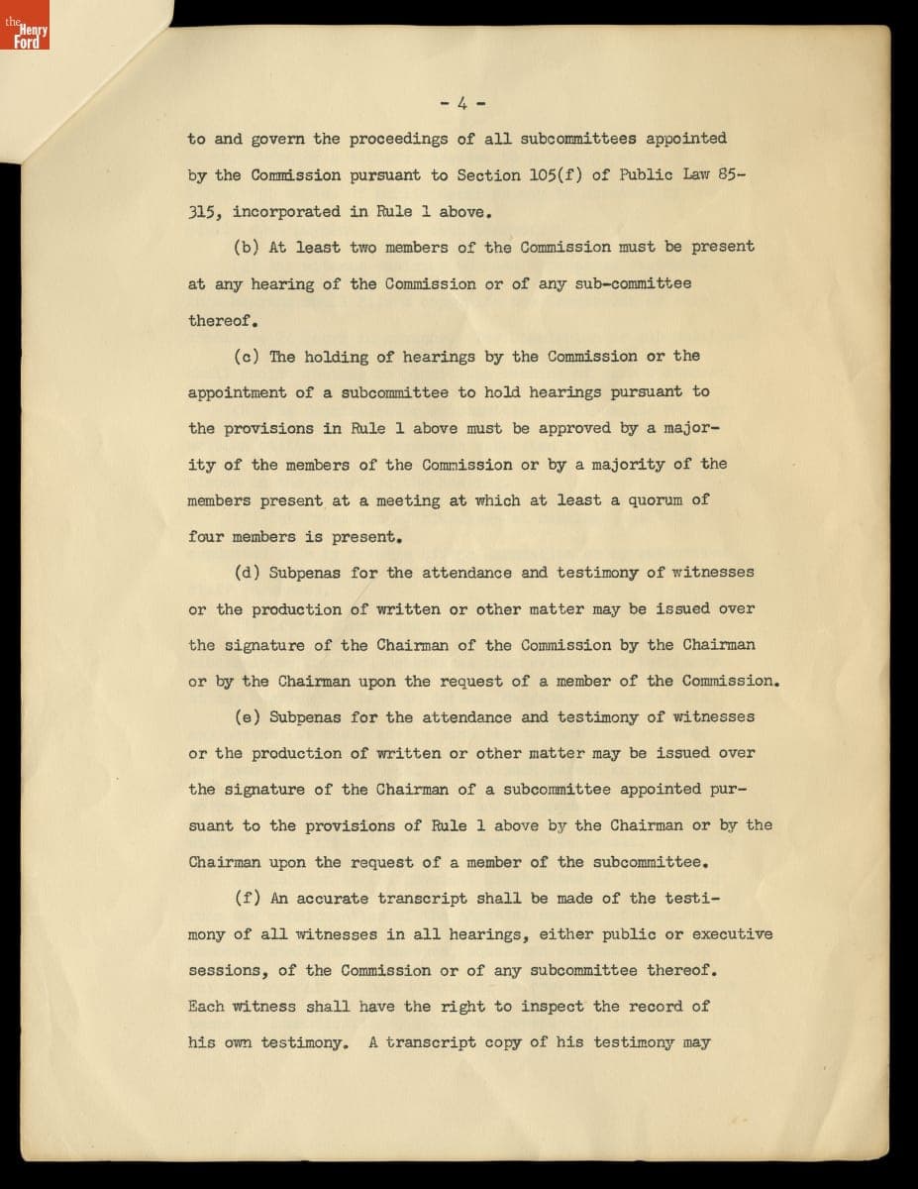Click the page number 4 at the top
coord(461,102)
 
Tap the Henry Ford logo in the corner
coord(27,33)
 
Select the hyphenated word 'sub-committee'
coord(615,283)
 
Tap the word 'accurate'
coord(332,899)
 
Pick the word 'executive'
coord(732,934)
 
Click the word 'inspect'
coord(553,1007)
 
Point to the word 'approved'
coord(575,428)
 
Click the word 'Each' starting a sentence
coord(206,1007)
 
